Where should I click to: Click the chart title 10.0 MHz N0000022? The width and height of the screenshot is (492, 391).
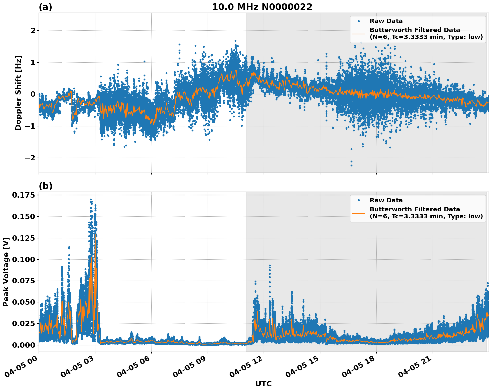[x=262, y=7]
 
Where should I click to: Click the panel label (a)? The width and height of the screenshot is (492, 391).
[x=45, y=7]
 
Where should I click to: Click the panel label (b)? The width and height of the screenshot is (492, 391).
[x=45, y=186]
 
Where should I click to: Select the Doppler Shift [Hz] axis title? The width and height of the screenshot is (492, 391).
[x=18, y=93]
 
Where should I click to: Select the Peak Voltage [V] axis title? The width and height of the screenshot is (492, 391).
[x=6, y=272]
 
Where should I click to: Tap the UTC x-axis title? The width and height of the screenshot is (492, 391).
[x=263, y=384]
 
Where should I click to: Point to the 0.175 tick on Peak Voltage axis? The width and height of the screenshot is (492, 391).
[x=23, y=195]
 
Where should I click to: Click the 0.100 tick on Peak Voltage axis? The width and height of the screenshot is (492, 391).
[x=23, y=259]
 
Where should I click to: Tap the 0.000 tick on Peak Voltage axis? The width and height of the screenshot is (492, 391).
[x=23, y=345]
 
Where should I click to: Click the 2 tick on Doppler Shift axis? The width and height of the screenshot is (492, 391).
[x=33, y=31]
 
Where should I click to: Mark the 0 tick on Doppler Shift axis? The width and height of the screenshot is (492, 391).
[x=33, y=94]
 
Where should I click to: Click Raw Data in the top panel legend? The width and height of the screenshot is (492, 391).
[x=386, y=21]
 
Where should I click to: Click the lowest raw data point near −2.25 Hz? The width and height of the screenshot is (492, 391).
[x=351, y=165]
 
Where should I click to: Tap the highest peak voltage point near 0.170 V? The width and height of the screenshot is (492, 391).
[x=91, y=199]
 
